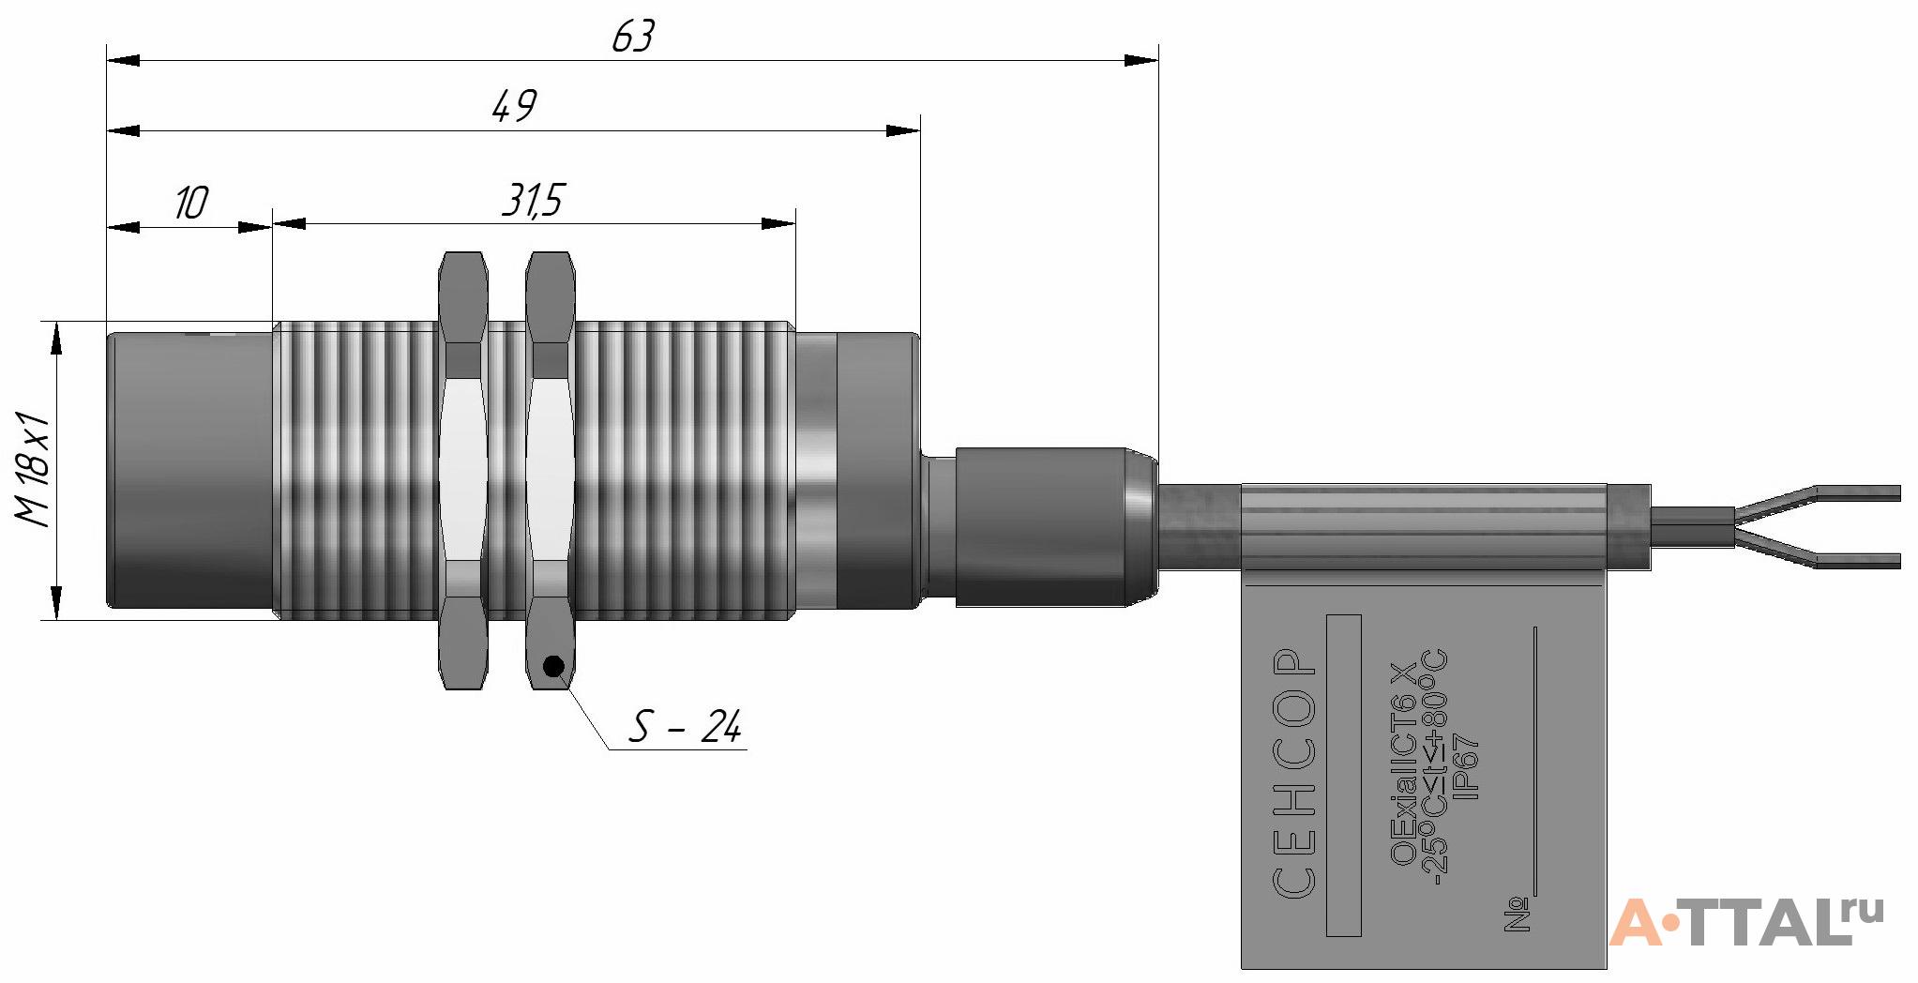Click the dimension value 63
tap(633, 38)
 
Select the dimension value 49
tap(515, 106)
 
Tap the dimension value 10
tap(191, 203)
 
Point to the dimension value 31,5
tap(533, 201)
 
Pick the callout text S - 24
tap(686, 727)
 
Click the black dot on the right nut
tap(553, 666)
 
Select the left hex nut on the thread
tap(463, 471)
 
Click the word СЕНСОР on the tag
tap(1295, 773)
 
